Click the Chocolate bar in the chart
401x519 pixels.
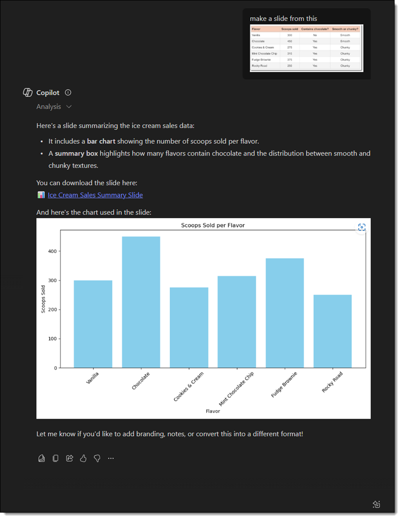pos(141,302)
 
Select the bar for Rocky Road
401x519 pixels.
pos(333,331)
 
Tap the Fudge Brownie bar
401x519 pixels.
pos(284,313)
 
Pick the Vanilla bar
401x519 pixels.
pos(93,324)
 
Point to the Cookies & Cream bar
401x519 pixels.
pos(189,327)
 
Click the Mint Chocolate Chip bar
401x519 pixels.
pos(237,322)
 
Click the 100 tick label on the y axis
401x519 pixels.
pos(52,339)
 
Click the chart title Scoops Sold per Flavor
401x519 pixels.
pos(213,226)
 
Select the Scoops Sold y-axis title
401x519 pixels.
pos(43,299)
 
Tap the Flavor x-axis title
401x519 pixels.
pos(213,411)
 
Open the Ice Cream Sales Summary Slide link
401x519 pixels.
pos(95,195)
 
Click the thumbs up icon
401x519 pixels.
pos(83,458)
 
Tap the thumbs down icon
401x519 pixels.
pos(97,458)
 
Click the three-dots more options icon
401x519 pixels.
pos(111,458)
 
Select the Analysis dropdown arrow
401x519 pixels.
pos(69,107)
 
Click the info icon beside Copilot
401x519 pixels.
pos(68,93)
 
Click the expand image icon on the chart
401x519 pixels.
pos(362,227)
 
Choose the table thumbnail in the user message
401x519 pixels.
pos(306,48)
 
